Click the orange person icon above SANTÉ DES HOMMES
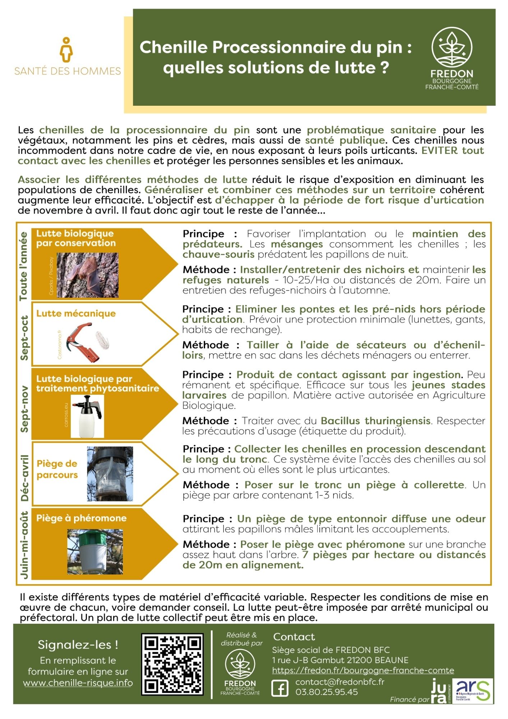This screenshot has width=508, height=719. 66,50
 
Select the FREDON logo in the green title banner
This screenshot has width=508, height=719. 452,59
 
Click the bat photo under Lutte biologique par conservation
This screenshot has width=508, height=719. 87,275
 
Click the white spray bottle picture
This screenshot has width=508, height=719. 87,416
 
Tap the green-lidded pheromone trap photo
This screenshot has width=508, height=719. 95,551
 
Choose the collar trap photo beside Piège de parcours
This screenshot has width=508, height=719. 110,474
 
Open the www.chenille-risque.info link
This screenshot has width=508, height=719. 78,683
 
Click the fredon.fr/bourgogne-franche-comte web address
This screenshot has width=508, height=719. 363,670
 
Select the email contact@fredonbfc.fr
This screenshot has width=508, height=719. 340,682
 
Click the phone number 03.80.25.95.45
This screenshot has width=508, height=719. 327,692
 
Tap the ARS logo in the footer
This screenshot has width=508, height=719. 472,691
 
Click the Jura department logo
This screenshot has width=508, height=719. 440,691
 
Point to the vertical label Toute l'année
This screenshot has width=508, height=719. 23,266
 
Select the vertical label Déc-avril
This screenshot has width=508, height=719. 24,478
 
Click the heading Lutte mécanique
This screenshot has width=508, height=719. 76,313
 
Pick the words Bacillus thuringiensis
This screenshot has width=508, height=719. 375,421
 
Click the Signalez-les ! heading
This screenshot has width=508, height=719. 78,645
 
